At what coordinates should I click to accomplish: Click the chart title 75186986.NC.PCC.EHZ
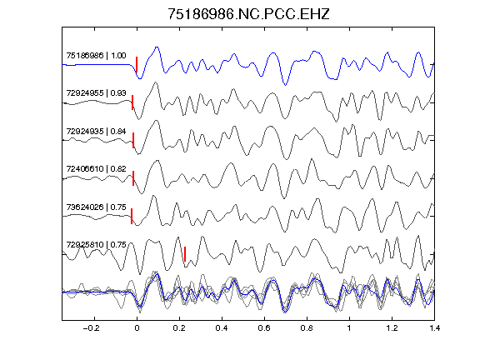[248, 14]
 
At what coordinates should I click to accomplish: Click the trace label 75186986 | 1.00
[96, 56]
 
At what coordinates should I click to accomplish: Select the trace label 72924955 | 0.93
[96, 93]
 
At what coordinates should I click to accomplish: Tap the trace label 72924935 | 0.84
[96, 132]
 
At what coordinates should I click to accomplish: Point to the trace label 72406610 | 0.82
[96, 169]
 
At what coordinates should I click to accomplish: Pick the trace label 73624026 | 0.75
[96, 207]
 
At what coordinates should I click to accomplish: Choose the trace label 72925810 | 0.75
[96, 245]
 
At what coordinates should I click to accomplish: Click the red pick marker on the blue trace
[137, 64]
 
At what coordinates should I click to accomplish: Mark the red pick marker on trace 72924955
[132, 102]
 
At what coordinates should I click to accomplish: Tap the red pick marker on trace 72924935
[133, 140]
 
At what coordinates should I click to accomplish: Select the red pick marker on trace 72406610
[133, 178]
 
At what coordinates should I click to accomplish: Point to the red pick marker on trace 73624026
[132, 216]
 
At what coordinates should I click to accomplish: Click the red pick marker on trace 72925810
[185, 254]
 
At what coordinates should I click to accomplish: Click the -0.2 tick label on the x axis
[91, 328]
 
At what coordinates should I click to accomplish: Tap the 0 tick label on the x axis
[137, 328]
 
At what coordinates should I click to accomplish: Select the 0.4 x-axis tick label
[222, 328]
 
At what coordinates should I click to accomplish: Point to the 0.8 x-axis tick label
[307, 328]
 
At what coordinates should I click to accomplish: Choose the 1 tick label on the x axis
[349, 328]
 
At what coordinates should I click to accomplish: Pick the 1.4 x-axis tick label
[434, 328]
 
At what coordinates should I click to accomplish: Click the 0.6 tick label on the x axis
[264, 328]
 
